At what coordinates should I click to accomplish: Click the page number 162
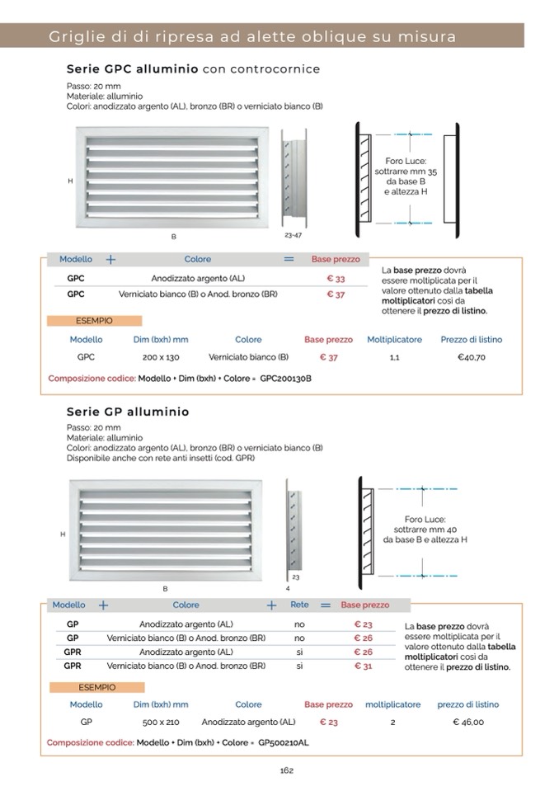286,770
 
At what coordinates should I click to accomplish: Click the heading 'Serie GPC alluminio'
132,69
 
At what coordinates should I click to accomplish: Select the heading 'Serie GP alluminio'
128,411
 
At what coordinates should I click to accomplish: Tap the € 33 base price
336,279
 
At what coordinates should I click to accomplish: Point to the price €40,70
472,357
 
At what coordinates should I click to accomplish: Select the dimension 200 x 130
161,357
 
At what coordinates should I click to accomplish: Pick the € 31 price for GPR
363,666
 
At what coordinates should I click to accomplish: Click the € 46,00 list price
468,722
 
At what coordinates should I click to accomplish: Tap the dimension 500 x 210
161,722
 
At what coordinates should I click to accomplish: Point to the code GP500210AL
284,742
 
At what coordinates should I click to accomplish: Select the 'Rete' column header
299,605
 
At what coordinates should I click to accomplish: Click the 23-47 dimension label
294,235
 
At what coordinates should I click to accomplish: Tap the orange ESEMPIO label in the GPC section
94,320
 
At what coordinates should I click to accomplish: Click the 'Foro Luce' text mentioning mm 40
425,530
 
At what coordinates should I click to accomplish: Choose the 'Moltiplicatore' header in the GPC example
394,339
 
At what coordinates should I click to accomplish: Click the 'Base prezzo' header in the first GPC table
335,259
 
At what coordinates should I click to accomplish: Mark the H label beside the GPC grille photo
69,181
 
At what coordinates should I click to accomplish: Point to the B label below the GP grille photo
165,588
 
